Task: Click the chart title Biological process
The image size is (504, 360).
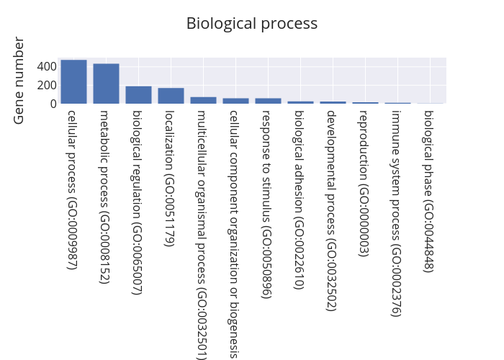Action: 251,23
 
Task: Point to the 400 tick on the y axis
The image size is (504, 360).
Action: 47,66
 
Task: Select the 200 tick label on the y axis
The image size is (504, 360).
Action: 47,85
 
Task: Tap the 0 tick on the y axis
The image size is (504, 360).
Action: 52,104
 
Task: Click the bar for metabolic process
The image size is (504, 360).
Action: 106,84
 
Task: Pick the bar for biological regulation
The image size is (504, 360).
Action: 138,95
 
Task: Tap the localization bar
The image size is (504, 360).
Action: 171,96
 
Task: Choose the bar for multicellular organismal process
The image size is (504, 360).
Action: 203,100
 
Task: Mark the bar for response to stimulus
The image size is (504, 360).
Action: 268,101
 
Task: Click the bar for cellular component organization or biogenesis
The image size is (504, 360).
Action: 235,101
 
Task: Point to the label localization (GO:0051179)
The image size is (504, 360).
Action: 170,178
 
